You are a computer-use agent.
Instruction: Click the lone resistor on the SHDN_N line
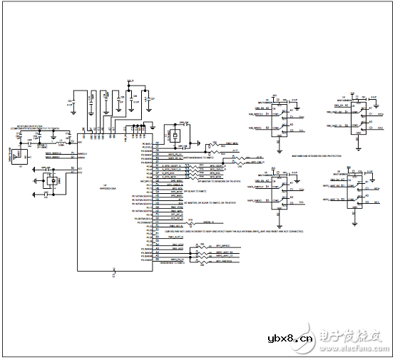[192, 221]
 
